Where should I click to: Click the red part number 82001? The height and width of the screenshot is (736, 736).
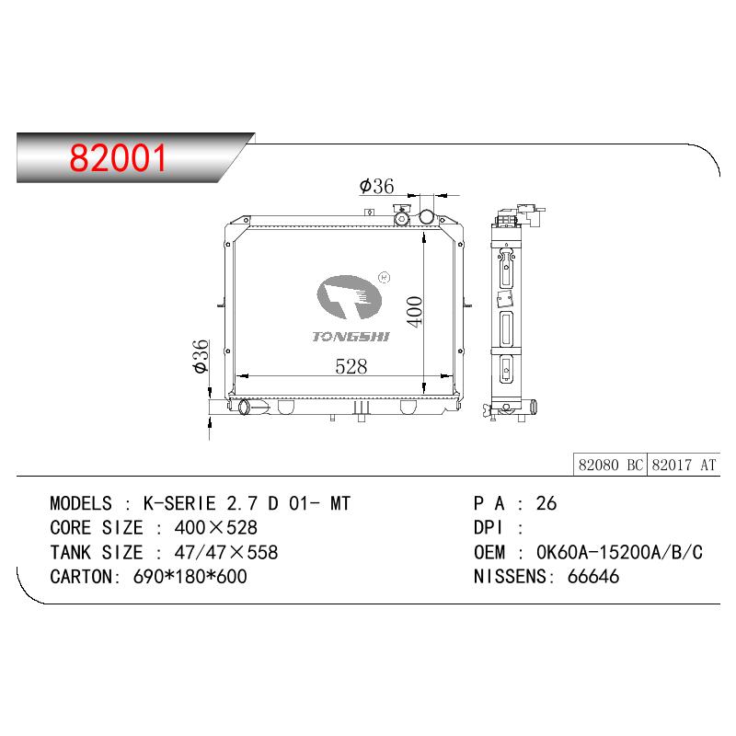point(118,158)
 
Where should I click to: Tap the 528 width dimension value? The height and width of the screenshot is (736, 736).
point(351,366)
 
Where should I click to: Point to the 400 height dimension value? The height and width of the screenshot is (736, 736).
point(415,311)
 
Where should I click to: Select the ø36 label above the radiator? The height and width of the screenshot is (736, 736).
point(376,187)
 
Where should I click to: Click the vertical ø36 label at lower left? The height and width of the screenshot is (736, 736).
point(201,356)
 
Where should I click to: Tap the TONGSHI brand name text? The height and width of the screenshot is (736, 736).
point(351,337)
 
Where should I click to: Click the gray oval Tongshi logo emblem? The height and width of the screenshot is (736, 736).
point(350,297)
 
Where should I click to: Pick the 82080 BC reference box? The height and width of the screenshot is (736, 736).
point(610,465)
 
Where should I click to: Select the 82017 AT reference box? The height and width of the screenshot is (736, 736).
point(684,465)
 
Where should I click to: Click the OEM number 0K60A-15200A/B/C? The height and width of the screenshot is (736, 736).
point(619,553)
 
